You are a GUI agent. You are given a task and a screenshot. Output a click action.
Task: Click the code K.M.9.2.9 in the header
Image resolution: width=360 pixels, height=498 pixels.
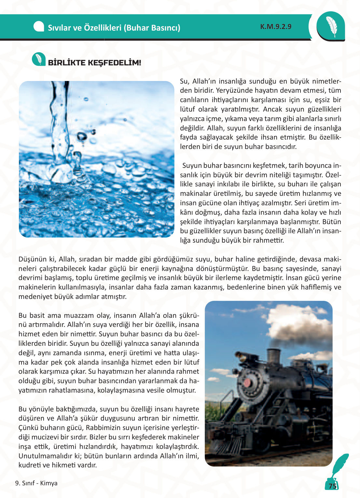(x=276, y=27)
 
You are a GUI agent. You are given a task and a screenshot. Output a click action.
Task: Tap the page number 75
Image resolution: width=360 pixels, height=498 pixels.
(x=332, y=486)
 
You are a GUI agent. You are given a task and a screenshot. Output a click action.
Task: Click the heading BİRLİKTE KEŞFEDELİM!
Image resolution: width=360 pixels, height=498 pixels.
(x=94, y=63)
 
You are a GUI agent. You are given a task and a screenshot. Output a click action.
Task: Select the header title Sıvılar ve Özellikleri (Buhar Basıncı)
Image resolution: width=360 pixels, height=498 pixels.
(x=114, y=28)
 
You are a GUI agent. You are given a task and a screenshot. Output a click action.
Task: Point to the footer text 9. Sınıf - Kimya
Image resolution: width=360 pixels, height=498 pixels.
(x=36, y=483)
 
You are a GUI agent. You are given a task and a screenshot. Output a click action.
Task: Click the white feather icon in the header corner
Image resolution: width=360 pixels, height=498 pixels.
(x=331, y=26)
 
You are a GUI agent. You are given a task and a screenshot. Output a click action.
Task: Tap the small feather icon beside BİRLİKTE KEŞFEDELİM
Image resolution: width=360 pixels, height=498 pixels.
(x=39, y=59)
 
